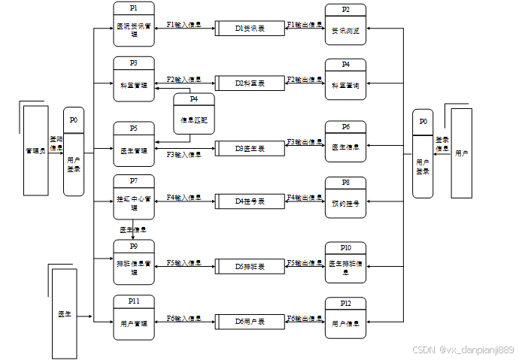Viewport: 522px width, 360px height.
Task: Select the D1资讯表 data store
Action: [x=250, y=29]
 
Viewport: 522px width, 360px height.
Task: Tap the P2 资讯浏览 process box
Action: [x=345, y=26]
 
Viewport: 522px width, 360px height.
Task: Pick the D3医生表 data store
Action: [x=250, y=149]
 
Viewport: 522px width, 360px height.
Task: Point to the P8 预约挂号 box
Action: [x=345, y=198]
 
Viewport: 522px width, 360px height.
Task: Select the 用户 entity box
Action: [x=461, y=153]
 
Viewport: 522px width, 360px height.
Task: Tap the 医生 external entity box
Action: [x=65, y=312]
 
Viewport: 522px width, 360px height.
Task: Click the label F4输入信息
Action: [x=184, y=198]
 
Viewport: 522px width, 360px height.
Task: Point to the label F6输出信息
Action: [x=305, y=319]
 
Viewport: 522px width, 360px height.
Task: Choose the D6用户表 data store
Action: [x=250, y=322]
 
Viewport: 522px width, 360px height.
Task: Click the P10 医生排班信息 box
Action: [x=345, y=263]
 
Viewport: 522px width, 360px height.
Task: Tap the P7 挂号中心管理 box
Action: [x=134, y=197]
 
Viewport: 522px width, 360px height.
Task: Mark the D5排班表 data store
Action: [x=250, y=266]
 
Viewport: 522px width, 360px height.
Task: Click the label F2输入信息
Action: [x=184, y=79]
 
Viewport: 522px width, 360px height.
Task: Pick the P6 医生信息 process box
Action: [x=345, y=142]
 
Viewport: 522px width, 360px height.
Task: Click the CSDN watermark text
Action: [x=463, y=349]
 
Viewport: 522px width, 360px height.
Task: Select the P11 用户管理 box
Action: [x=134, y=318]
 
